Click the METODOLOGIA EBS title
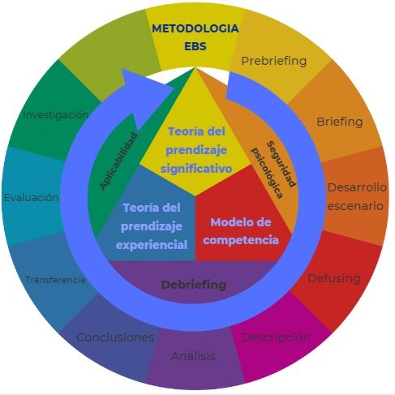click(195, 37)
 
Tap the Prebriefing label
click(274, 61)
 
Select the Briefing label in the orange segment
click(340, 122)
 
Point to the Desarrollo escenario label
click(357, 197)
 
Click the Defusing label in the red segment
click(334, 278)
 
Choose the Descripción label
click(276, 337)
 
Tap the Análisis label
click(193, 356)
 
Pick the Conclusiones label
click(115, 337)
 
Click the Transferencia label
click(55, 280)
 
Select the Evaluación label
click(32, 197)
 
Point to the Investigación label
click(56, 115)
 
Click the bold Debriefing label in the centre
click(194, 285)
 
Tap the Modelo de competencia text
click(241, 231)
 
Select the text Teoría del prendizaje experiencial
click(152, 226)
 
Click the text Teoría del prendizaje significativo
click(196, 150)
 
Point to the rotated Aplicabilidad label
click(118, 161)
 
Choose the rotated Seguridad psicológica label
click(273, 170)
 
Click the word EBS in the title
click(195, 46)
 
